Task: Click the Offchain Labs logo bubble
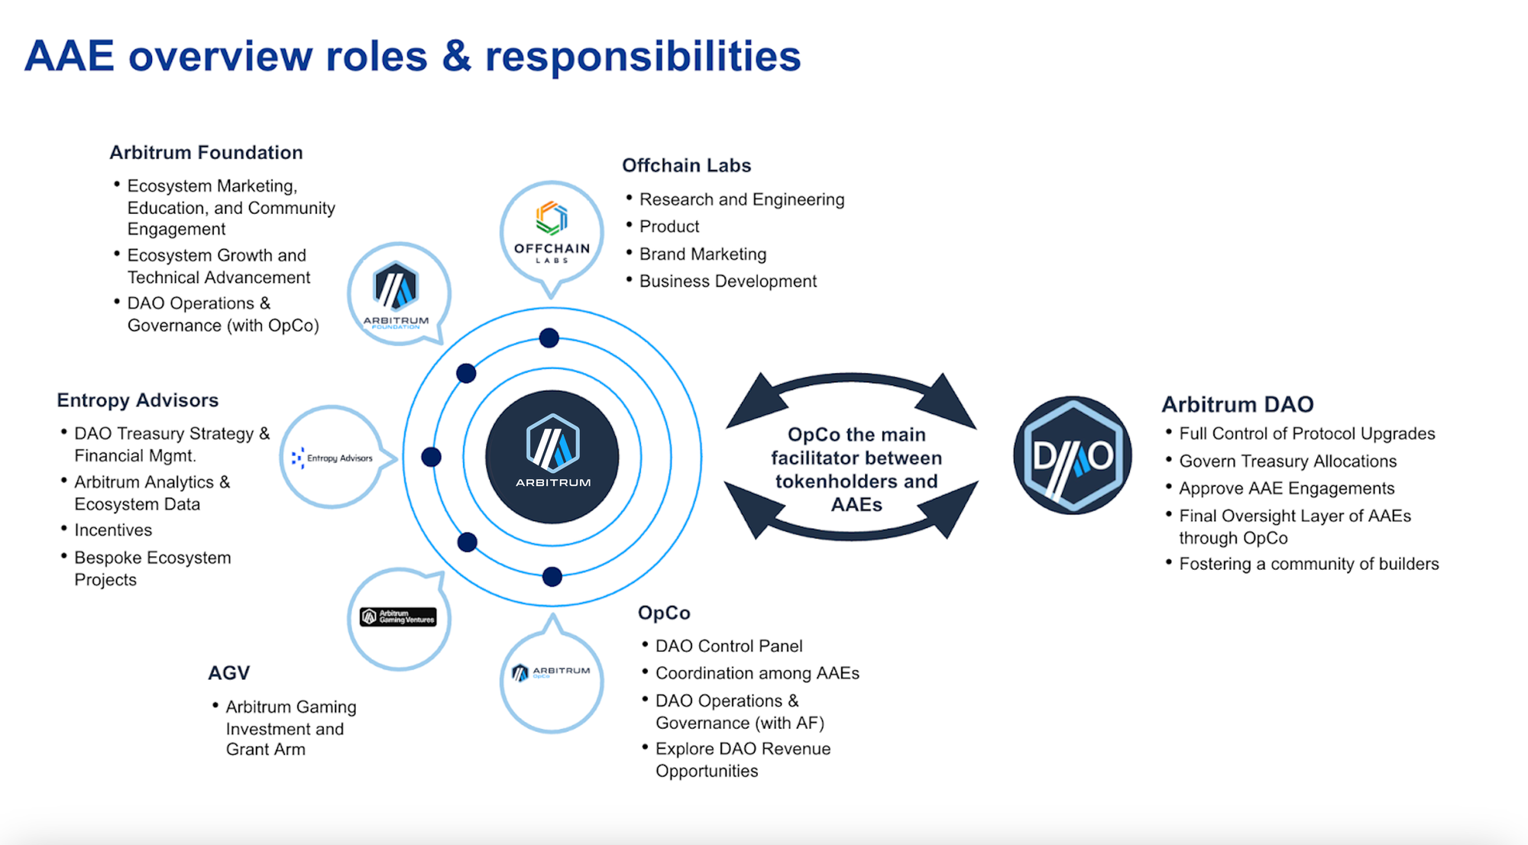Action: [x=552, y=232]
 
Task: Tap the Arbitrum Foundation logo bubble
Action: [x=397, y=293]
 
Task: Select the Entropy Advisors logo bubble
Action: [x=332, y=457]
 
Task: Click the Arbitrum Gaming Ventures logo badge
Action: [x=398, y=617]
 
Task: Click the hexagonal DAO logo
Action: [x=1073, y=455]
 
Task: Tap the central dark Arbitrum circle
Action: [x=552, y=457]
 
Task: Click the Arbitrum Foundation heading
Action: [x=206, y=153]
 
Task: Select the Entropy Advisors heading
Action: [x=138, y=400]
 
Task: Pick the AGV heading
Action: [x=228, y=673]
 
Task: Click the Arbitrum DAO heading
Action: [x=1237, y=404]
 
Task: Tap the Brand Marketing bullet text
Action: [x=702, y=254]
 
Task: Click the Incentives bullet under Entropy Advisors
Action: [x=113, y=530]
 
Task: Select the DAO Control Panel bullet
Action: [x=729, y=646]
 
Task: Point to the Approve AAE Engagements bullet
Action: [x=1287, y=489]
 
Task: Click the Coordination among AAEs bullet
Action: [x=757, y=674]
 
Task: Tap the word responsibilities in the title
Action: [x=643, y=57]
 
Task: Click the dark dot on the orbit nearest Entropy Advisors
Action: [x=431, y=457]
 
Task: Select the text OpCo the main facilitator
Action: [x=856, y=446]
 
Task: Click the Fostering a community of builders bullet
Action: [x=1309, y=565]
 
